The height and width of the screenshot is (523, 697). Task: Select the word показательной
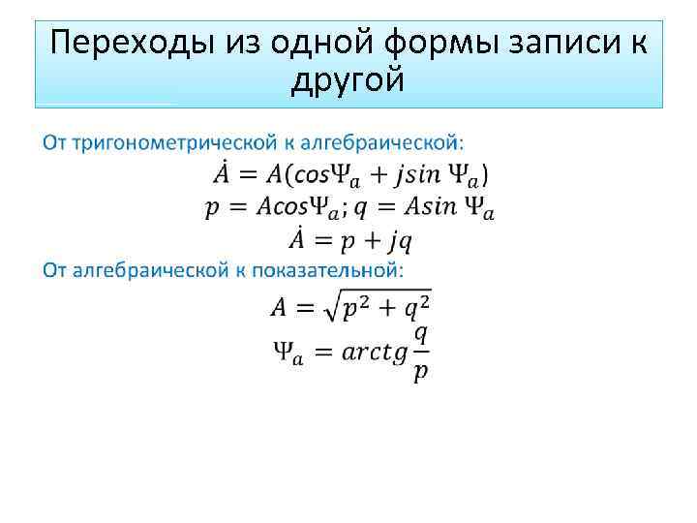pyautogui.click(x=334, y=268)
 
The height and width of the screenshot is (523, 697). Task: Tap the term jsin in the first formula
pyautogui.click(x=399, y=175)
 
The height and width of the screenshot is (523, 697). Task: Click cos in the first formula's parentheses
pyautogui.click(x=303, y=175)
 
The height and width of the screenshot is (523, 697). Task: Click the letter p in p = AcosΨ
pyautogui.click(x=212, y=209)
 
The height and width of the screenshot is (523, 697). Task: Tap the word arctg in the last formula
pyautogui.click(x=375, y=352)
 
